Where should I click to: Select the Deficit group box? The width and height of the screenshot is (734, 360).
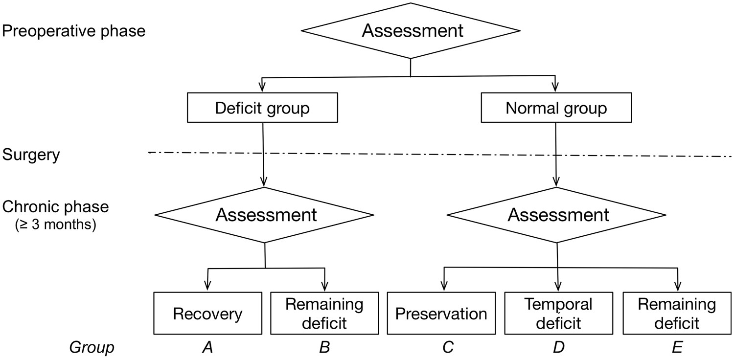coord(263,108)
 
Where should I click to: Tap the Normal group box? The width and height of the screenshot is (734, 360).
coord(556,108)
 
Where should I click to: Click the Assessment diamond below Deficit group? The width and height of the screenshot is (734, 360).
coord(265,215)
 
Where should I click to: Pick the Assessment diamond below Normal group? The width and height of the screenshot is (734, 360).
coord(557,215)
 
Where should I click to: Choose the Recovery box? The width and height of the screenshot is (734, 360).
coord(207,314)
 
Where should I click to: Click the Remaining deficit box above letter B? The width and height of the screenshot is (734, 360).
coord(324,314)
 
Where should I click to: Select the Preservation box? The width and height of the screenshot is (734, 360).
coord(441,314)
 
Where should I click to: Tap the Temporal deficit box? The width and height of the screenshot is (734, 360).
coord(558,314)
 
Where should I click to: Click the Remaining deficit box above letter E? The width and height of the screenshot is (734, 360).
coord(677,314)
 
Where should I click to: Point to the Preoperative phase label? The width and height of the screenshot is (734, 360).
coord(74,31)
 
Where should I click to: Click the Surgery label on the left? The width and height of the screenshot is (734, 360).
coord(31,155)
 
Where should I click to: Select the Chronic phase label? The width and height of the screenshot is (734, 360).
coord(55,207)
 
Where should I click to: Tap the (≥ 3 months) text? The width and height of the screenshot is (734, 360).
coord(54,225)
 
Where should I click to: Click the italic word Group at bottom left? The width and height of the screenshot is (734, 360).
coord(92,348)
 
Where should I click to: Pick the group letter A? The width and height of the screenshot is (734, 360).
coord(207,348)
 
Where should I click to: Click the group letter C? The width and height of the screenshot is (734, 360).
coord(447,348)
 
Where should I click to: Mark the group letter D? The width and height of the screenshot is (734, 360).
coord(558,348)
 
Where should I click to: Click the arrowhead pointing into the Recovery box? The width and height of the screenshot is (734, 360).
coord(207,288)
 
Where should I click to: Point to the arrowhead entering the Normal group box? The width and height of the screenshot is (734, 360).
coord(556,89)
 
